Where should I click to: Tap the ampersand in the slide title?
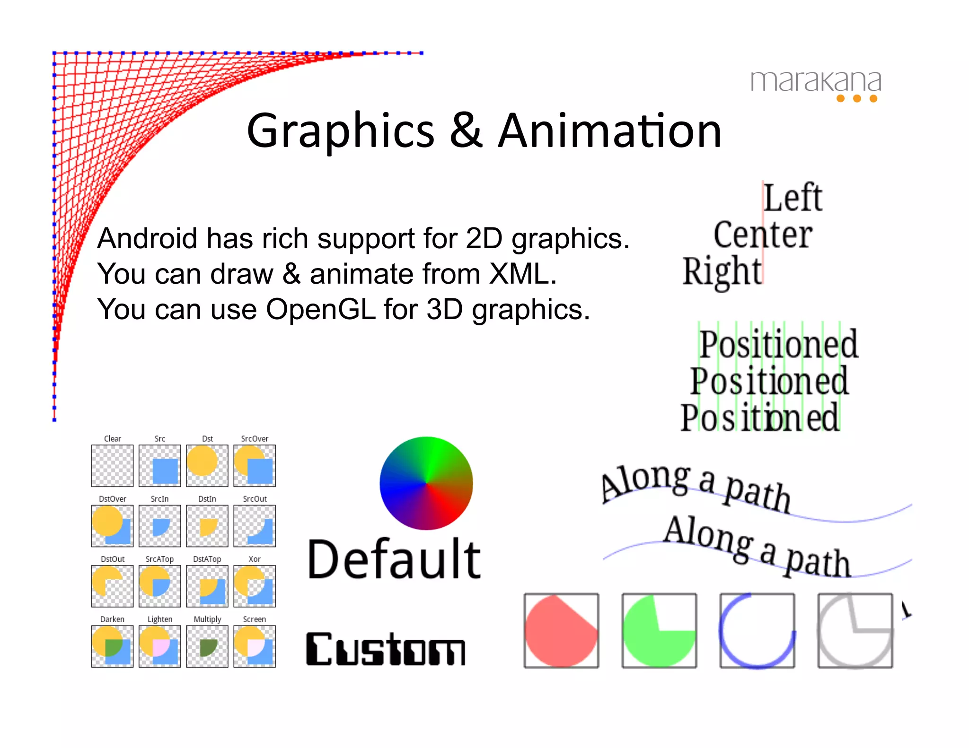(466, 131)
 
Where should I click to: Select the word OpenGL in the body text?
(320, 310)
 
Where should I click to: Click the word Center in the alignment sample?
(762, 235)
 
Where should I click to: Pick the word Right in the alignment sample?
(722, 271)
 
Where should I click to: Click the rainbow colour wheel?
(426, 483)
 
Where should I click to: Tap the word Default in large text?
(394, 560)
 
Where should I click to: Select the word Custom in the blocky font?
(386, 649)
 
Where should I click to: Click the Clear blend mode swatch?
(112, 466)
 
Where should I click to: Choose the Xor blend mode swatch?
(255, 586)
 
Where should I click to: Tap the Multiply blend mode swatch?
(207, 646)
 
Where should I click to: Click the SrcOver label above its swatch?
(255, 439)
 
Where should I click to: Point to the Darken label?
(112, 619)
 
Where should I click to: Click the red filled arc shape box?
(561, 631)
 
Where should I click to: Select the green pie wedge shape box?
(659, 631)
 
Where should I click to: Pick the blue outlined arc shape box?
(757, 631)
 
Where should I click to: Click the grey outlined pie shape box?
(855, 631)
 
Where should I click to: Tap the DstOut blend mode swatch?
(112, 586)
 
